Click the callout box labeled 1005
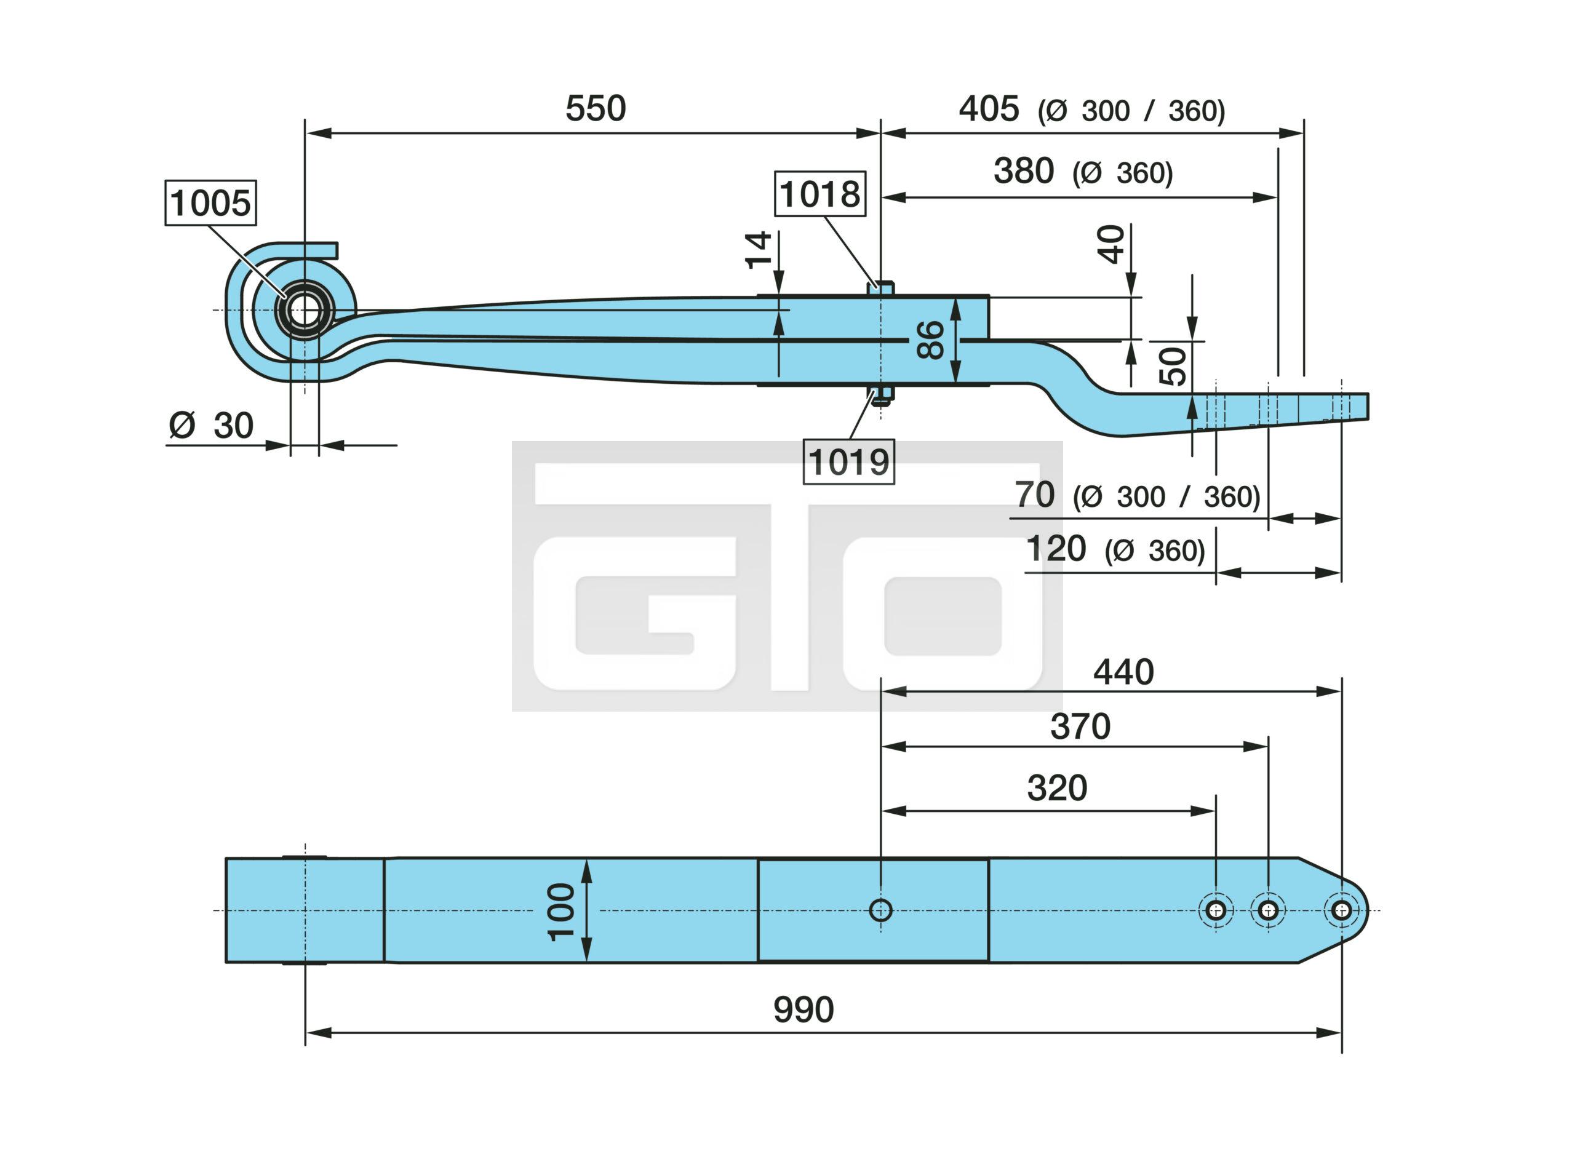click(x=210, y=202)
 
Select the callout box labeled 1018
click(x=820, y=194)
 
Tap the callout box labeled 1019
click(x=848, y=461)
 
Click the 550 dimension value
click(x=595, y=109)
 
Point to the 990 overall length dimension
click(x=803, y=1009)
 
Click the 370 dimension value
click(x=1080, y=726)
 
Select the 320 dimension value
click(x=1057, y=788)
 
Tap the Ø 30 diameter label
click(x=211, y=426)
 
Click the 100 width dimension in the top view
click(x=561, y=912)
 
